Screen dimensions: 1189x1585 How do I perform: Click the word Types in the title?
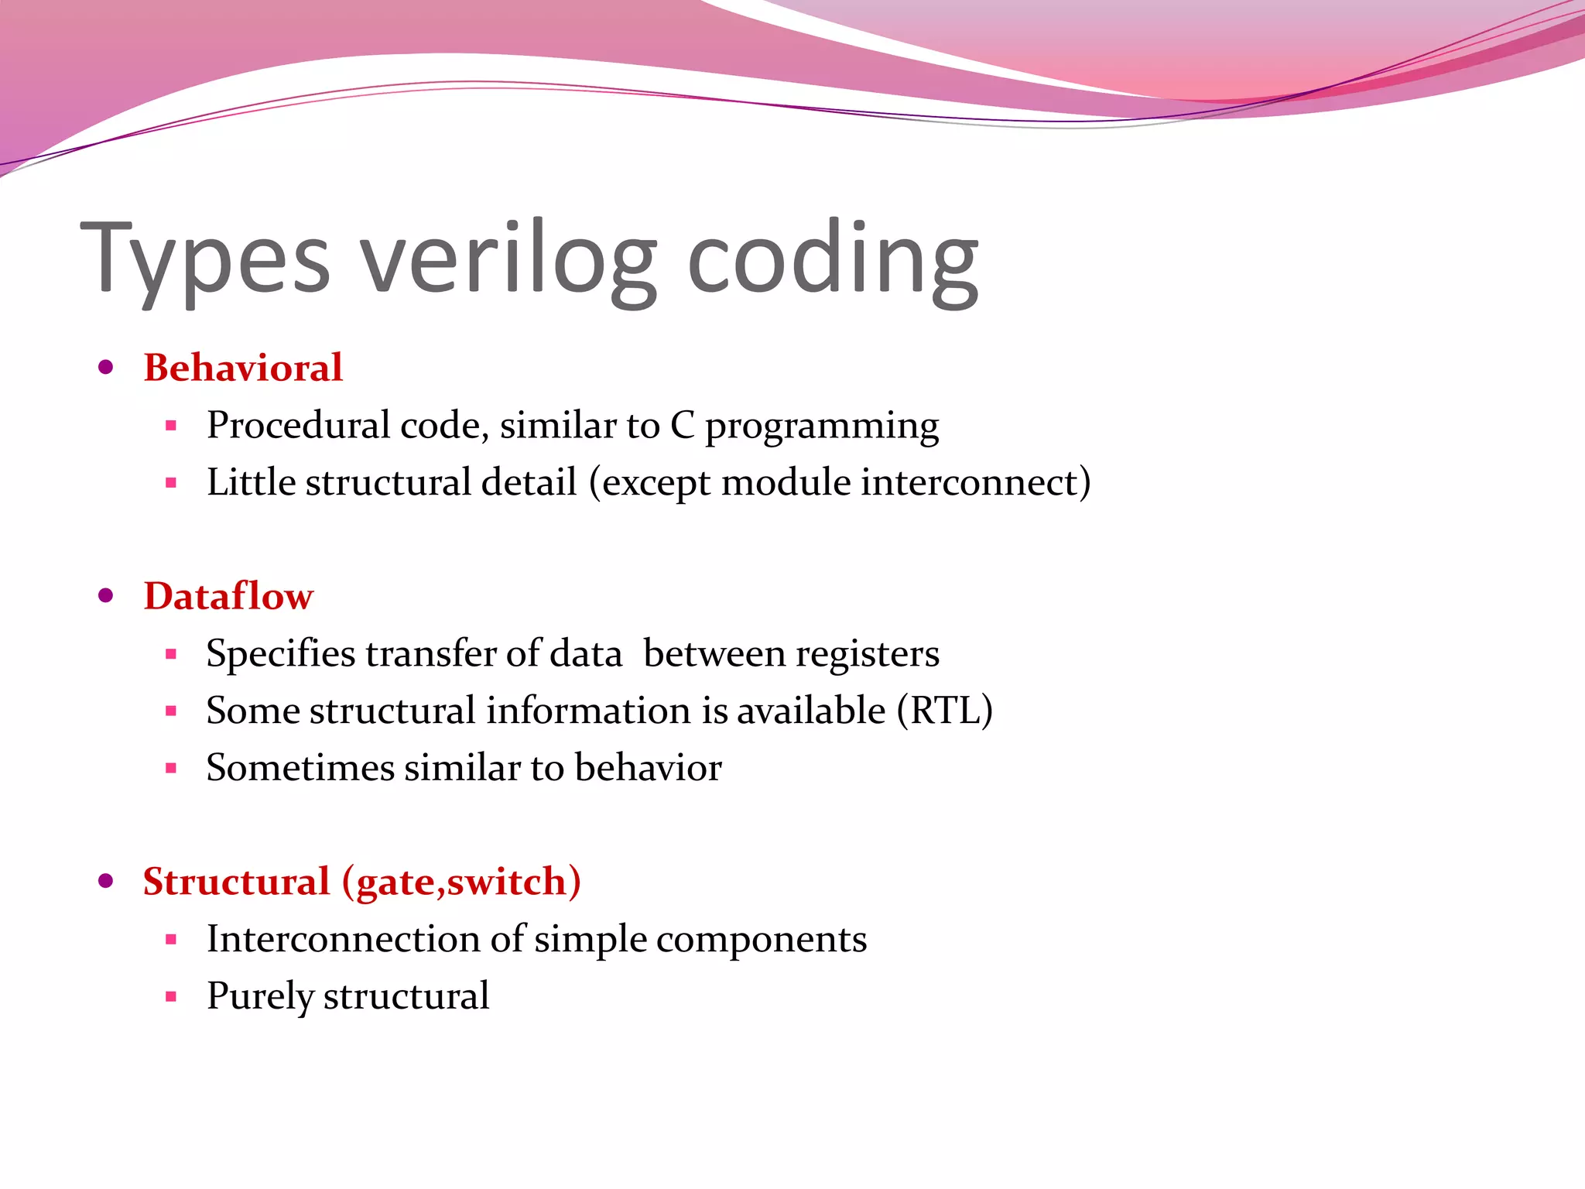206,259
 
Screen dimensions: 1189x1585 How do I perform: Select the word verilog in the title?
509,259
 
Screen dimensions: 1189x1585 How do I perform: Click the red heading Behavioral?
243,368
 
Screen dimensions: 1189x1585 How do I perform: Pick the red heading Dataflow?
228,596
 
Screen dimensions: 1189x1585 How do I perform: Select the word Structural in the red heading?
236,882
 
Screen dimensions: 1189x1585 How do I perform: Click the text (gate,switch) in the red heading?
461,882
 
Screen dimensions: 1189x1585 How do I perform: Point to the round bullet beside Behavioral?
107,367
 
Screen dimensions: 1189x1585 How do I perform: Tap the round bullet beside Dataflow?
107,595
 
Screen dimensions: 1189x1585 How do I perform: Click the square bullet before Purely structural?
171,997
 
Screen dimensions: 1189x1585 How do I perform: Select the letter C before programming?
682,426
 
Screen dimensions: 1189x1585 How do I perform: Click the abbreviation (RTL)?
944,711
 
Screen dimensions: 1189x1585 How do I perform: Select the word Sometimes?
300,768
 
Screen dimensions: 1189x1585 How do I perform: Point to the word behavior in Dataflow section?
648,768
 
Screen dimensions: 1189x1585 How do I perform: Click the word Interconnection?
343,939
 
